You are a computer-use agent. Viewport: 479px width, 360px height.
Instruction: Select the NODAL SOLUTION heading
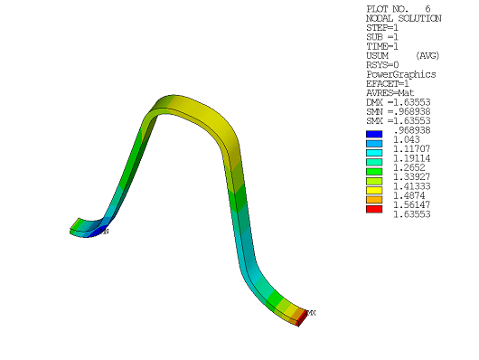tap(403, 18)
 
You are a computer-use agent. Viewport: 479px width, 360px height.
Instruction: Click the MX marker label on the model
tap(311, 313)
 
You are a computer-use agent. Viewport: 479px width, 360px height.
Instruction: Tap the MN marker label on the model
tap(105, 232)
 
